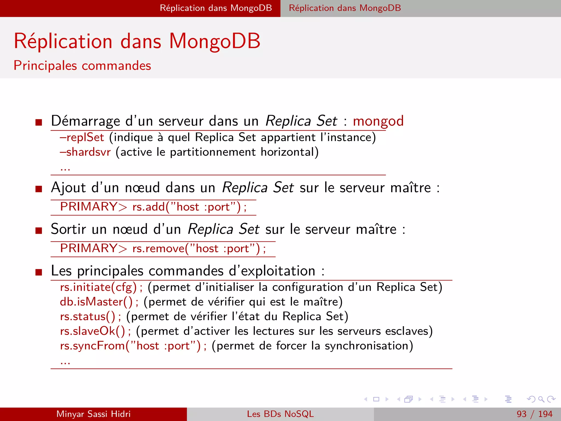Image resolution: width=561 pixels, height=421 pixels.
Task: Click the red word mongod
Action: [378, 121]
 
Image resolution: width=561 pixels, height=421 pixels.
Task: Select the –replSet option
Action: [82, 137]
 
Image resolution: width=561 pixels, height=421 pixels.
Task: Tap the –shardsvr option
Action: [85, 152]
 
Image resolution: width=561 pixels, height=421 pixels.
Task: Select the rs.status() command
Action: [88, 317]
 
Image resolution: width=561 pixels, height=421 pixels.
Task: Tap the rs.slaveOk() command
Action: [93, 331]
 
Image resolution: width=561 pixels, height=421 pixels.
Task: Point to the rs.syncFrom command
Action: [130, 346]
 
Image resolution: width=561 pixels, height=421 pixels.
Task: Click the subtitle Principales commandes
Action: [82, 66]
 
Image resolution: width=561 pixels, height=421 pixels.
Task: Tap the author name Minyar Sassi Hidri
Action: [93, 414]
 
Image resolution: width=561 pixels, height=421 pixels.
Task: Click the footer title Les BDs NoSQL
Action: [280, 414]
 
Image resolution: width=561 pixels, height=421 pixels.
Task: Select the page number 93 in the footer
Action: [522, 414]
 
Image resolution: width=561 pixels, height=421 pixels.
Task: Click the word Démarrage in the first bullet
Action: [85, 121]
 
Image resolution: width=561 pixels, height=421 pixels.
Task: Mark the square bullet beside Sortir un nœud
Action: [39, 231]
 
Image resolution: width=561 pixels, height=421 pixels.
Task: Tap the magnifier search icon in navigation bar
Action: [541, 399]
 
